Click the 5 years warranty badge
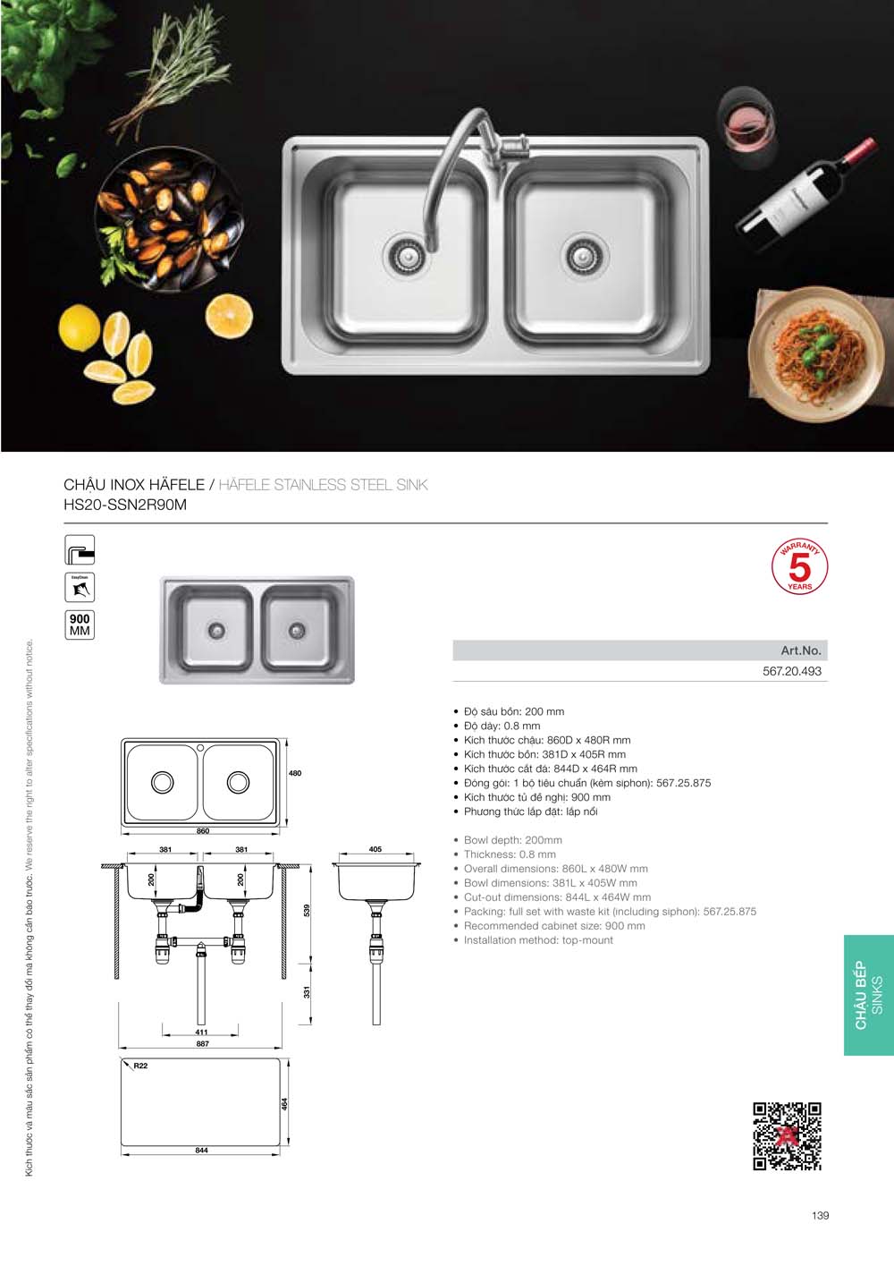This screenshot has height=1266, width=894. [799, 567]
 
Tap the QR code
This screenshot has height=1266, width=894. [787, 1136]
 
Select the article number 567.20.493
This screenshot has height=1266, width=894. [791, 671]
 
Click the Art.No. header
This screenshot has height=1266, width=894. [800, 650]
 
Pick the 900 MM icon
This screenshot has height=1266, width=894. [80, 625]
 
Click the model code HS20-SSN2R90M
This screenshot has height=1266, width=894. [125, 505]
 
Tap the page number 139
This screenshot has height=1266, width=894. [821, 1215]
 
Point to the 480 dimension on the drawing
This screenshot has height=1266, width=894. [295, 773]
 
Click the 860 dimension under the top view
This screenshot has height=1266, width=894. [203, 831]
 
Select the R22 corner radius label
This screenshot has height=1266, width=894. [140, 1066]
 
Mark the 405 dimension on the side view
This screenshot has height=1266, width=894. [375, 849]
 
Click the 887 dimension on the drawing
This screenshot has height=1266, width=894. [202, 1044]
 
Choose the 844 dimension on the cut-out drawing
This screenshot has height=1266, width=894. [201, 1151]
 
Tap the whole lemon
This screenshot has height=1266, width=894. [80, 327]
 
